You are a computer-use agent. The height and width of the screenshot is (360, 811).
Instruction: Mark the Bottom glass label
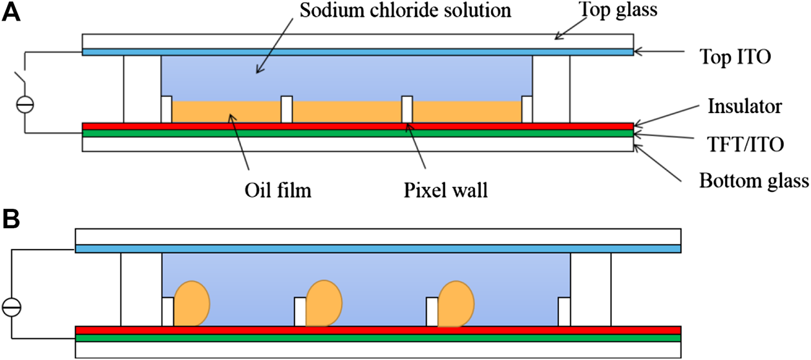tap(753, 181)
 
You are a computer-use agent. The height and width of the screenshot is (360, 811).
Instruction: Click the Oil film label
tap(269, 191)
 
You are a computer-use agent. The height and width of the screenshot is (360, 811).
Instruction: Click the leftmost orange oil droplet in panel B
tap(192, 303)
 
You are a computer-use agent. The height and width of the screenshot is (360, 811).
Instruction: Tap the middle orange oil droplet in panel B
tap(324, 303)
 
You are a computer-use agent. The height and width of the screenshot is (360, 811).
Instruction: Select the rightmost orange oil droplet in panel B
tap(456, 303)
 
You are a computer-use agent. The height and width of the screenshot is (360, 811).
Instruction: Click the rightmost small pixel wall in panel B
tap(564, 312)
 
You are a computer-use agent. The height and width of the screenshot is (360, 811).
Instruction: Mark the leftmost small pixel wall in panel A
tap(166, 109)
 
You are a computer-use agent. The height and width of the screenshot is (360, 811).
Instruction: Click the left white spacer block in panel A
tap(142, 89)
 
